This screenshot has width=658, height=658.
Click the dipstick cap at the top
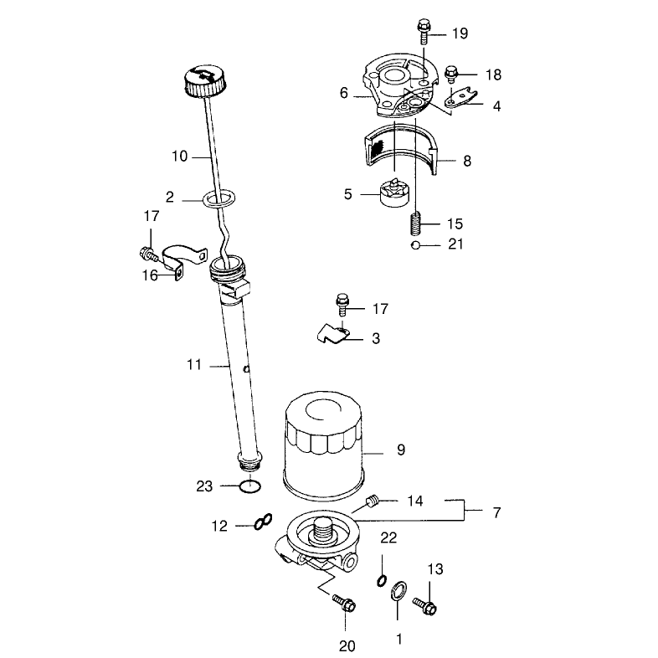point(204,81)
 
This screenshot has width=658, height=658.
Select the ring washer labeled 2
point(218,193)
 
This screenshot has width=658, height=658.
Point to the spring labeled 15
point(415,224)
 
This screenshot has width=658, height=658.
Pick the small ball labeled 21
point(415,245)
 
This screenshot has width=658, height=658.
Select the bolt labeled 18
point(450,74)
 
